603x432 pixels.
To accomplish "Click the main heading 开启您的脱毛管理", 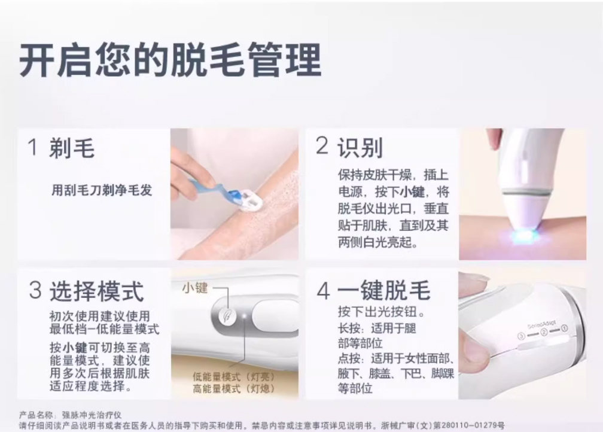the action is click(x=170, y=60).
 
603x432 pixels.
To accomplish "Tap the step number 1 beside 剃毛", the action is click(x=33, y=147).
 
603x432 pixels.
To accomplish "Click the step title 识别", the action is click(x=360, y=147).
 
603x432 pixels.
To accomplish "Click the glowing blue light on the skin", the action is click(x=523, y=234).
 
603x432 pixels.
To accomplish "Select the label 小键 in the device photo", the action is click(x=195, y=287).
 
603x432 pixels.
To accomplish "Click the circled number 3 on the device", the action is click(x=521, y=336).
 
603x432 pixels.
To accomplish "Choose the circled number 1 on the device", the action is click(x=564, y=328).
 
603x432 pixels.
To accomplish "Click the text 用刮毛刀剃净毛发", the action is click(x=102, y=190).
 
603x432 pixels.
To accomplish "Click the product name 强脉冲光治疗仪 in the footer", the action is click(x=92, y=415).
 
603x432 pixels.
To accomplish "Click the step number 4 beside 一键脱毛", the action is click(x=324, y=291).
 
